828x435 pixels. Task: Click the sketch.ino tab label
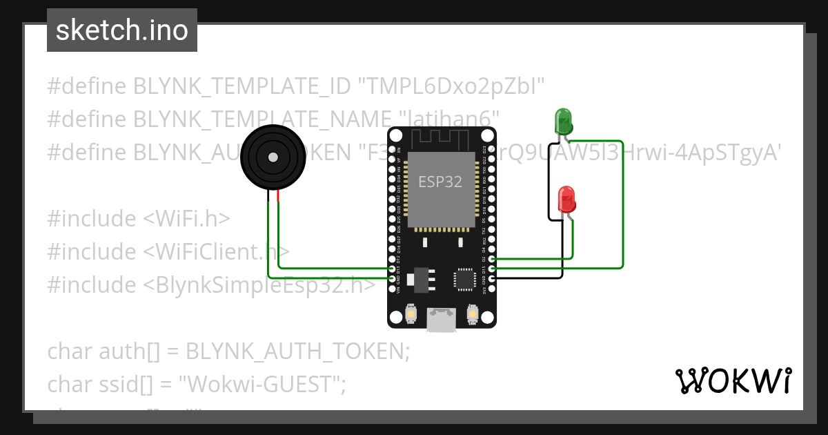pos(122,30)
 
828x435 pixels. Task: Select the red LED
pos(566,200)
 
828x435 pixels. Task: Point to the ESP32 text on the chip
pos(440,182)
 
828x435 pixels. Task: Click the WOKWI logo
pos(733,380)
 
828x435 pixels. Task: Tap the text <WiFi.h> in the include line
pos(186,218)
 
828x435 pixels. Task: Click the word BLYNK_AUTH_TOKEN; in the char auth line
pos(298,351)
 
